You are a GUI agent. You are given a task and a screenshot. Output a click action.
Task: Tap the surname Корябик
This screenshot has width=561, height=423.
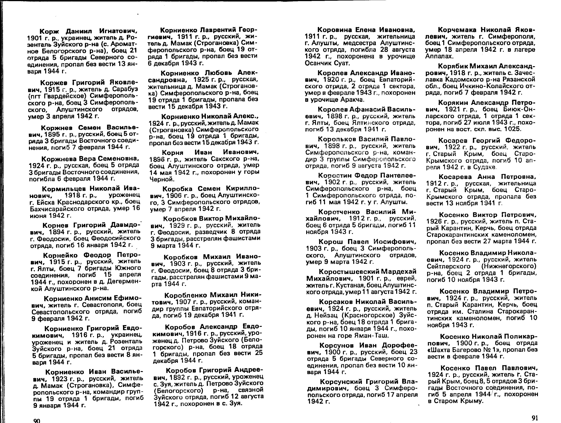point(453,66)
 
